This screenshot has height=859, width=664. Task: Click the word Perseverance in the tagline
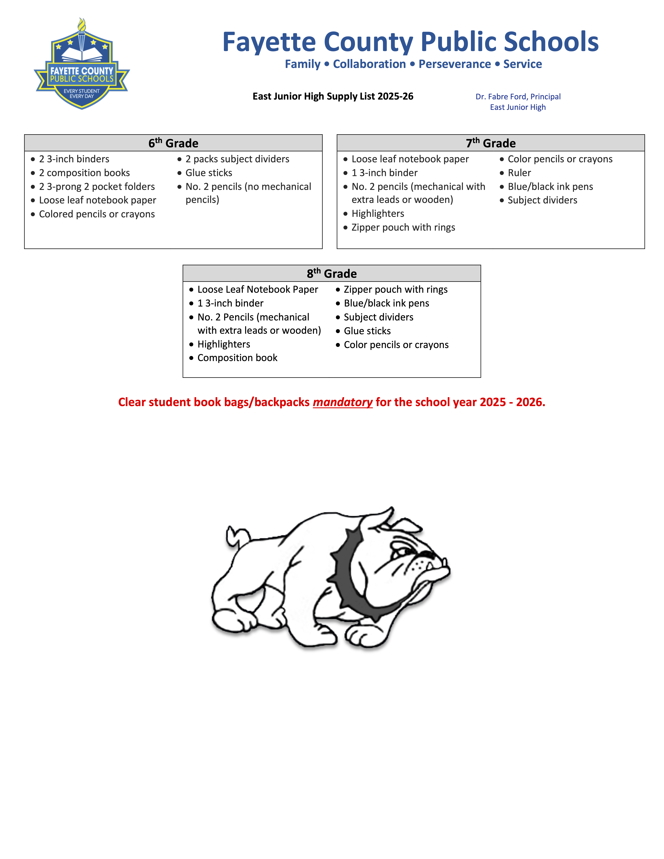(x=454, y=64)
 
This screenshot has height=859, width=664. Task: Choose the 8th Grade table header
(x=332, y=273)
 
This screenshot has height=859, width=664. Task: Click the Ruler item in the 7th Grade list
(x=519, y=173)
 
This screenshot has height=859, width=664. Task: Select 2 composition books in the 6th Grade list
(x=84, y=173)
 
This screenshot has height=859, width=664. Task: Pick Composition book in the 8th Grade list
(x=237, y=358)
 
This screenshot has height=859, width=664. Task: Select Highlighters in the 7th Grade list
(x=378, y=214)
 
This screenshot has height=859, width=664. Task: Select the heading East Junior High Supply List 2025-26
(x=333, y=96)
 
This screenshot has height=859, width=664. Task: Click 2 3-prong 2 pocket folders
(x=97, y=187)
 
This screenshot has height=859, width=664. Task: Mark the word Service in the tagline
(x=522, y=64)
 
